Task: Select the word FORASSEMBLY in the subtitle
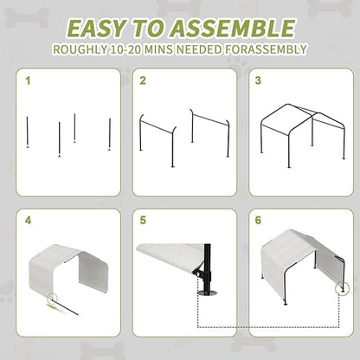coord(263,49)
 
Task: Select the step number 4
coord(28,221)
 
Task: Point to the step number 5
coord(144,221)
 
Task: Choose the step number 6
coord(258,221)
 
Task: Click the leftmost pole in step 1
coord(29,135)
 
